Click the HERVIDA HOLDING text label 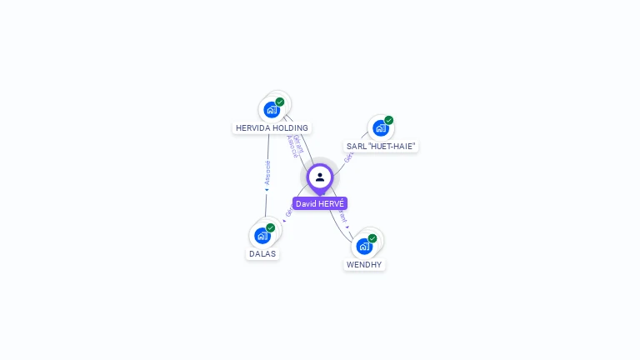(x=272, y=128)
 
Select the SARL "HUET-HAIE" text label (x=381, y=146)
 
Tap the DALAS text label (x=262, y=253)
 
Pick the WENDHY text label (x=364, y=264)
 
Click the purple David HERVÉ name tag (x=320, y=203)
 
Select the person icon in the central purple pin (x=320, y=177)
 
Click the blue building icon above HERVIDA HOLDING (x=271, y=109)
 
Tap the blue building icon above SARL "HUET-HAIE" (x=380, y=127)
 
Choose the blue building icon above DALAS (x=262, y=235)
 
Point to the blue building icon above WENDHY (x=363, y=246)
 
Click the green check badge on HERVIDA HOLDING (x=280, y=102)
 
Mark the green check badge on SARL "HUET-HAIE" (x=389, y=120)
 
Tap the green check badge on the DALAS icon (x=271, y=227)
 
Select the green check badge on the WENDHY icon (x=372, y=238)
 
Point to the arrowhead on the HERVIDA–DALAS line (x=267, y=190)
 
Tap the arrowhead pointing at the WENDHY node (x=347, y=226)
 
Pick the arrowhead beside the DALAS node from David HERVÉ (x=284, y=221)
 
